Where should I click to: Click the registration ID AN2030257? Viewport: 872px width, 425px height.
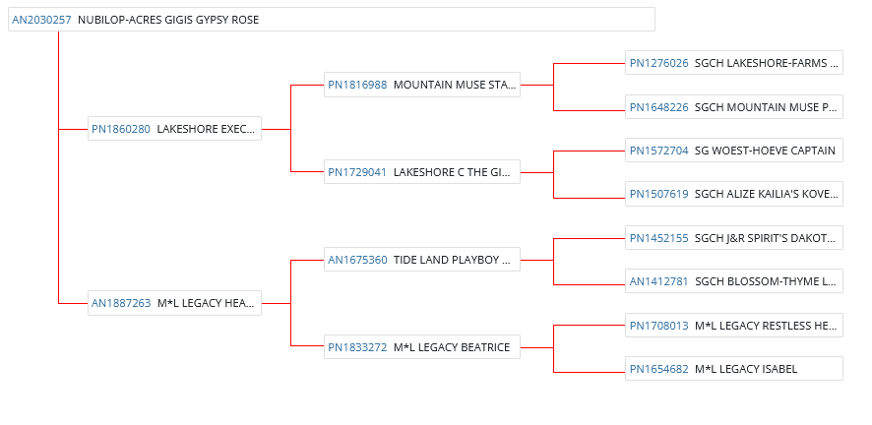(x=41, y=20)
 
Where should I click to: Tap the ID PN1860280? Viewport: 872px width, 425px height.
(x=121, y=129)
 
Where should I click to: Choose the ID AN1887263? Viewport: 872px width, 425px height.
(x=121, y=303)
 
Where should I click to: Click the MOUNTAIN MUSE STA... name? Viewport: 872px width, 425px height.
(x=455, y=85)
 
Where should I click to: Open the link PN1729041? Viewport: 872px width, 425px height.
(x=357, y=172)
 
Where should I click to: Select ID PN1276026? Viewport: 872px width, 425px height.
(x=658, y=64)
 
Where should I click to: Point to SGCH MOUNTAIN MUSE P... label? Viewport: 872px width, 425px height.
(x=766, y=107)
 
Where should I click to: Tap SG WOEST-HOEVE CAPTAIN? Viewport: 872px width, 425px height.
(x=765, y=151)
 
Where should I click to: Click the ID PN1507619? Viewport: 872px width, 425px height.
(x=658, y=194)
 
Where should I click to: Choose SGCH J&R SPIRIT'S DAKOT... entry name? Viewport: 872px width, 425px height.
(x=766, y=237)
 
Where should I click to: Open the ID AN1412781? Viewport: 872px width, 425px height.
(x=658, y=281)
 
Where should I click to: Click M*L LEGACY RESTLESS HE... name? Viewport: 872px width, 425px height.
(x=766, y=325)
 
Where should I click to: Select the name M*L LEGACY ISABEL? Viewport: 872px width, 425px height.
(x=745, y=369)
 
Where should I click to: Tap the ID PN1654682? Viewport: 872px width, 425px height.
(x=658, y=369)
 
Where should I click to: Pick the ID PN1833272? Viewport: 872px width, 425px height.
(x=357, y=347)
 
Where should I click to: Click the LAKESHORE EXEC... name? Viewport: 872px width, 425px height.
(x=207, y=129)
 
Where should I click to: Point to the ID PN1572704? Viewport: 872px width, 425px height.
(x=658, y=151)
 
